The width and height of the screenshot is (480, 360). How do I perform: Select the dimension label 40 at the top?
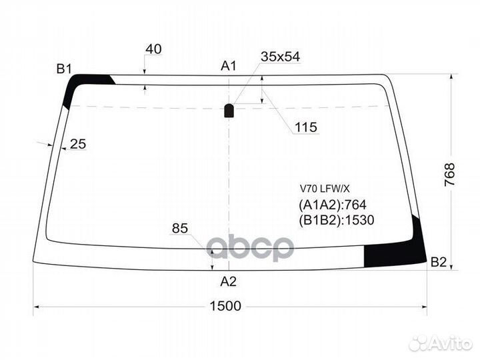point(153,49)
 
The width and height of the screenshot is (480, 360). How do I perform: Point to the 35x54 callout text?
point(279,57)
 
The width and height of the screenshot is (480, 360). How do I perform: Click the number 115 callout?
point(305,127)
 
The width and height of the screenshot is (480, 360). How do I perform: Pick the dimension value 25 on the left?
point(78,143)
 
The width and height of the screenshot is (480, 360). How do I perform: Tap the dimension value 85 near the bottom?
point(179,229)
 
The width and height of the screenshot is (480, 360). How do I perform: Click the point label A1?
point(229,65)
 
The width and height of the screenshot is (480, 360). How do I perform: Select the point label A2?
point(228,281)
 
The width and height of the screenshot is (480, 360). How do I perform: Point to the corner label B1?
point(64,68)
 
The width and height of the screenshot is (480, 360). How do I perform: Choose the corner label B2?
point(438,262)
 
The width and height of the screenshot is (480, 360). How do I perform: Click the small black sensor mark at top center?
point(229,111)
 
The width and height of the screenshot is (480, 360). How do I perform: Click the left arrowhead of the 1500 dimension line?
point(36,307)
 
